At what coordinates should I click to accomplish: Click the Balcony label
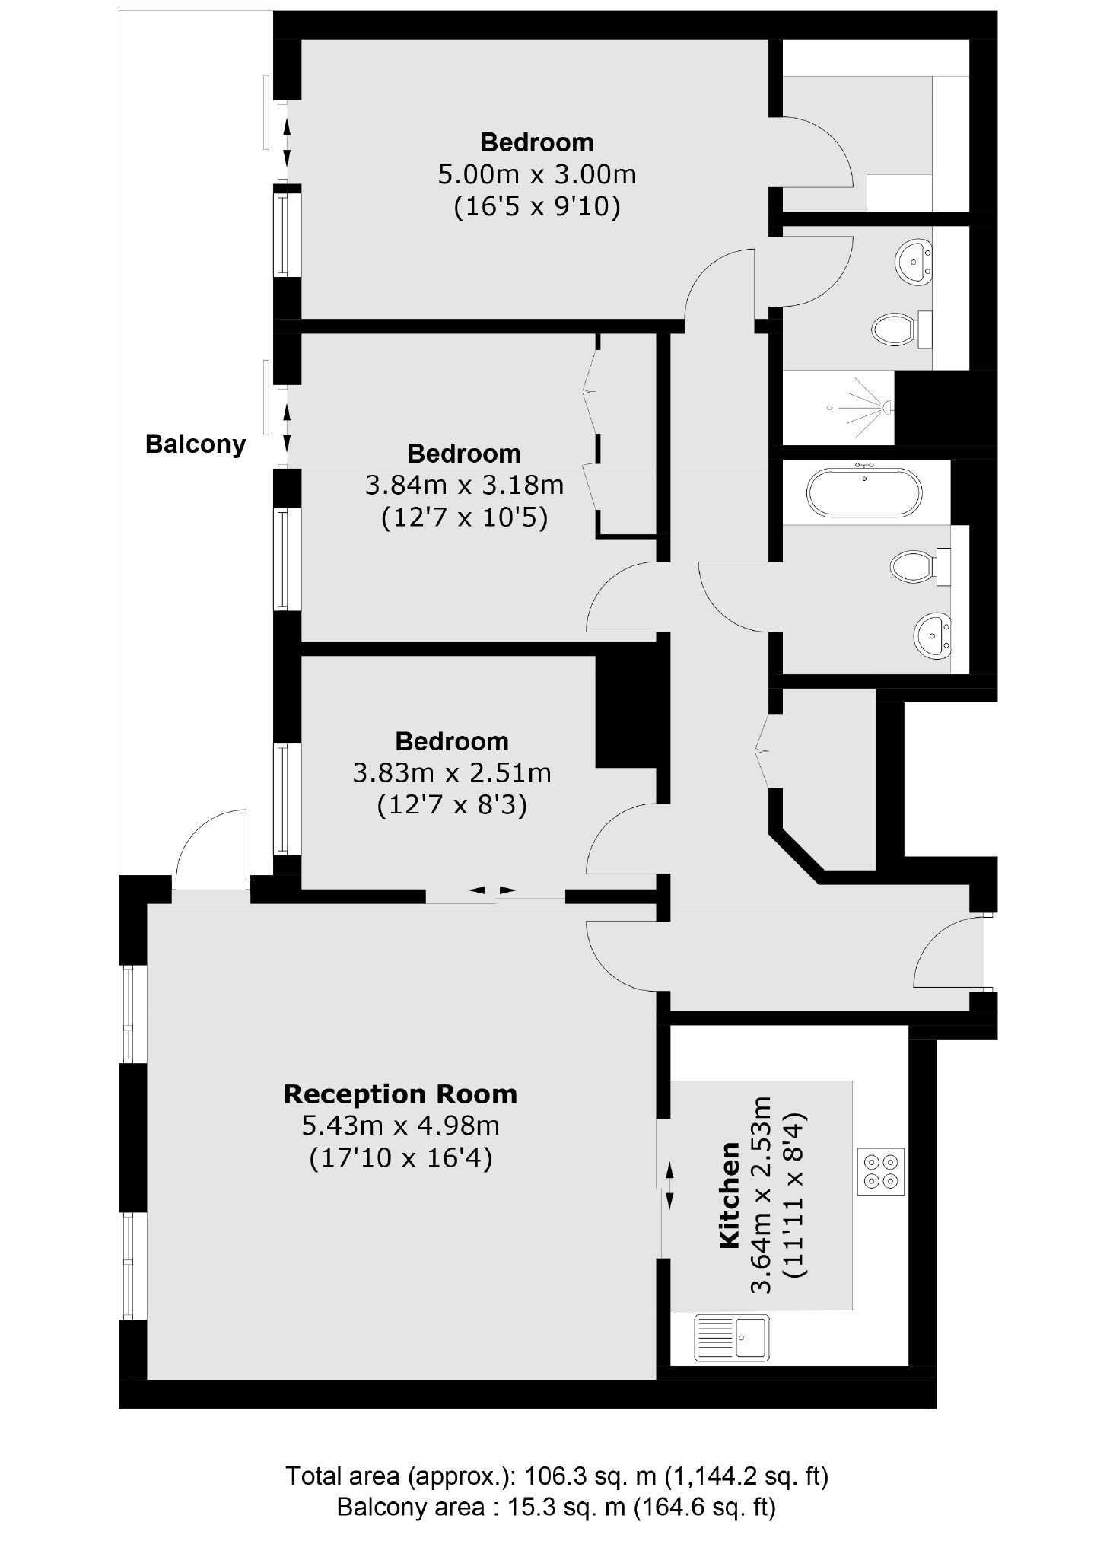[x=196, y=444]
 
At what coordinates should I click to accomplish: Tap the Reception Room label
[x=400, y=1094]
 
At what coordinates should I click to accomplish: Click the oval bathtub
[x=864, y=492]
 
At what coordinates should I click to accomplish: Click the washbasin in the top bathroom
[x=914, y=262]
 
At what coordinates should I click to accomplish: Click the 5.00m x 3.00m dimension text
[x=537, y=174]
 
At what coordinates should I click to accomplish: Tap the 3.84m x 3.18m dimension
[x=464, y=485]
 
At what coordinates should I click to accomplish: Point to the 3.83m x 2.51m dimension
[x=452, y=773]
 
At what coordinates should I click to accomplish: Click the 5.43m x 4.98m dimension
[x=400, y=1126]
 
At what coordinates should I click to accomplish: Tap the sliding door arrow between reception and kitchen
[x=669, y=1186]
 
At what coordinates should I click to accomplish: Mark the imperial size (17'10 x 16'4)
[x=400, y=1158]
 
